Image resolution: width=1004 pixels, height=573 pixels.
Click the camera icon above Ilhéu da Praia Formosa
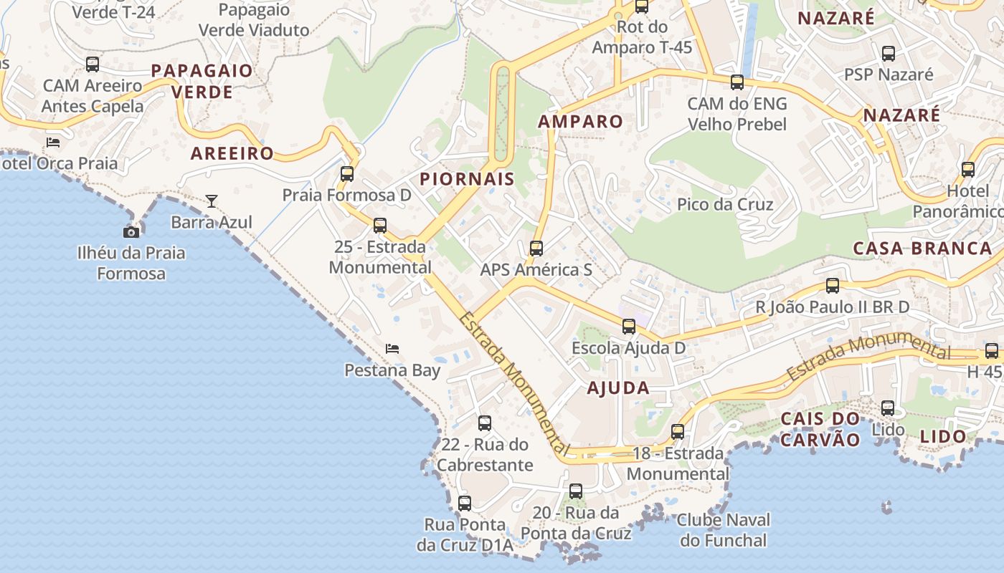tap(131, 232)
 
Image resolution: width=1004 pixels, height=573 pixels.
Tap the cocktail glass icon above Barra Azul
tap(212, 201)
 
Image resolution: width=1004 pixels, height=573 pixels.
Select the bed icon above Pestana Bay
tap(392, 349)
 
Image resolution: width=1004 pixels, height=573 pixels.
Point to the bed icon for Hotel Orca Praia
tap(53, 142)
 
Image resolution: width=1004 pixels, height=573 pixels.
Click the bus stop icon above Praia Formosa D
tap(347, 173)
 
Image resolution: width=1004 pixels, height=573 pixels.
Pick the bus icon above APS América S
tap(536, 249)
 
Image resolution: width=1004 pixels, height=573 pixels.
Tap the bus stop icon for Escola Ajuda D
tap(629, 327)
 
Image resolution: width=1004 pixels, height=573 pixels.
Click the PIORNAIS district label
tap(467, 179)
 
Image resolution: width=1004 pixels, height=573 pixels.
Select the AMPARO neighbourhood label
tap(580, 122)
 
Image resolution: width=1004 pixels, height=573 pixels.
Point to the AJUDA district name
tap(618, 388)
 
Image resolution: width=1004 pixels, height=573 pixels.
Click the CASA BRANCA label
tap(922, 249)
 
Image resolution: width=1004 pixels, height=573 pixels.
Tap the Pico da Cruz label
tap(725, 205)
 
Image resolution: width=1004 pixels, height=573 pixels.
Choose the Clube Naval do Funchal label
tap(724, 530)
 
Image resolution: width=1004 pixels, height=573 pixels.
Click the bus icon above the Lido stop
tap(888, 408)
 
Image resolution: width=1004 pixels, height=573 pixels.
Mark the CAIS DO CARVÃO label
tap(820, 429)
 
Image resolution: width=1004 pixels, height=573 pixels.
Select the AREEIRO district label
tap(232, 153)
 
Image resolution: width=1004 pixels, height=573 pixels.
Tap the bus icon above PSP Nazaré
tap(889, 53)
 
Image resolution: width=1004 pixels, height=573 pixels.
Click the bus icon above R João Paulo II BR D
tap(833, 286)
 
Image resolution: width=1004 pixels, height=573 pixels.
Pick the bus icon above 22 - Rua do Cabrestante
tap(485, 423)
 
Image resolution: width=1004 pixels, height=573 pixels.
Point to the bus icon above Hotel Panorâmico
tap(968, 170)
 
